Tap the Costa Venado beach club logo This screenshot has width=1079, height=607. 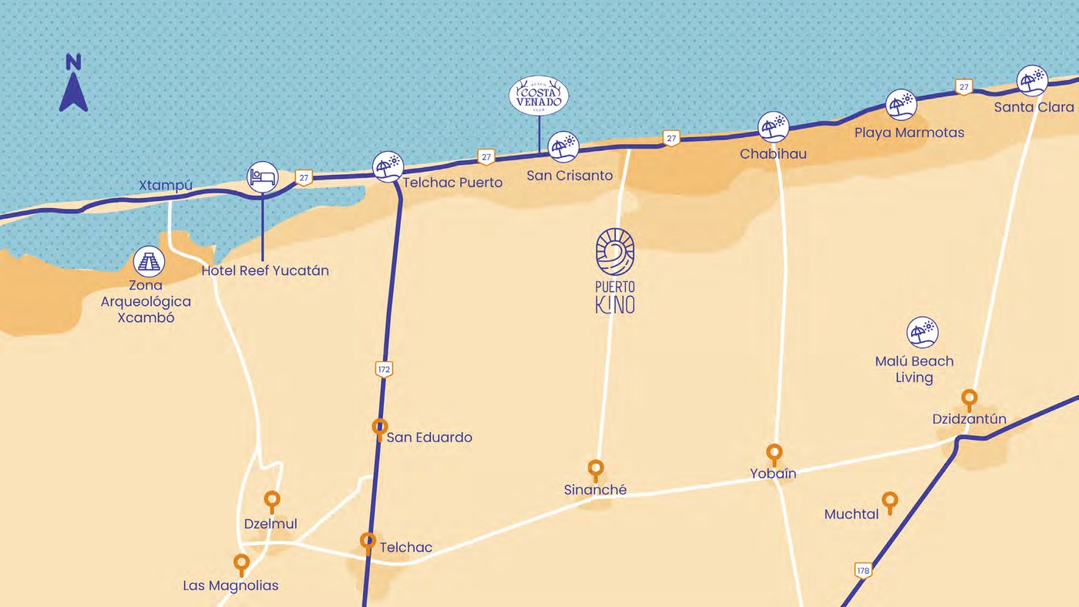coord(539,96)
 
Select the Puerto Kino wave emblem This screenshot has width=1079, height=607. coord(615,252)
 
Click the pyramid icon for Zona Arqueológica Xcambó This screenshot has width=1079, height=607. coord(149,262)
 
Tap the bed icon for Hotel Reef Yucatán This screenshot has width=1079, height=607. coord(262,177)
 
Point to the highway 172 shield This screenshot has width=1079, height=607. coord(385,370)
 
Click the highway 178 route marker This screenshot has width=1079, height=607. coord(863,571)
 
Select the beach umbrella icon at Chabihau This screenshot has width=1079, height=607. coord(773,127)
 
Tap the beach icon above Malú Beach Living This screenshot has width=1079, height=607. coord(923,333)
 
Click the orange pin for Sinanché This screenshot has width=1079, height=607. coord(596,469)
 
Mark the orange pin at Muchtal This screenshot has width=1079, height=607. coord(890,501)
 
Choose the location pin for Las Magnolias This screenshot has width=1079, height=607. coord(242,564)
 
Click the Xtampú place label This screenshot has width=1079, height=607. coord(165,186)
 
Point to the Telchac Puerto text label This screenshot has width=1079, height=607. coord(452,183)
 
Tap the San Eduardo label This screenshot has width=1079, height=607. coord(429,438)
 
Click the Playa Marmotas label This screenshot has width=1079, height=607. coord(909,132)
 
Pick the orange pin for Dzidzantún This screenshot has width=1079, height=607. coord(970,399)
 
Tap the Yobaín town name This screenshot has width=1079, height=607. coord(773,474)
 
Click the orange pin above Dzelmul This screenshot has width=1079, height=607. coord(272,501)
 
